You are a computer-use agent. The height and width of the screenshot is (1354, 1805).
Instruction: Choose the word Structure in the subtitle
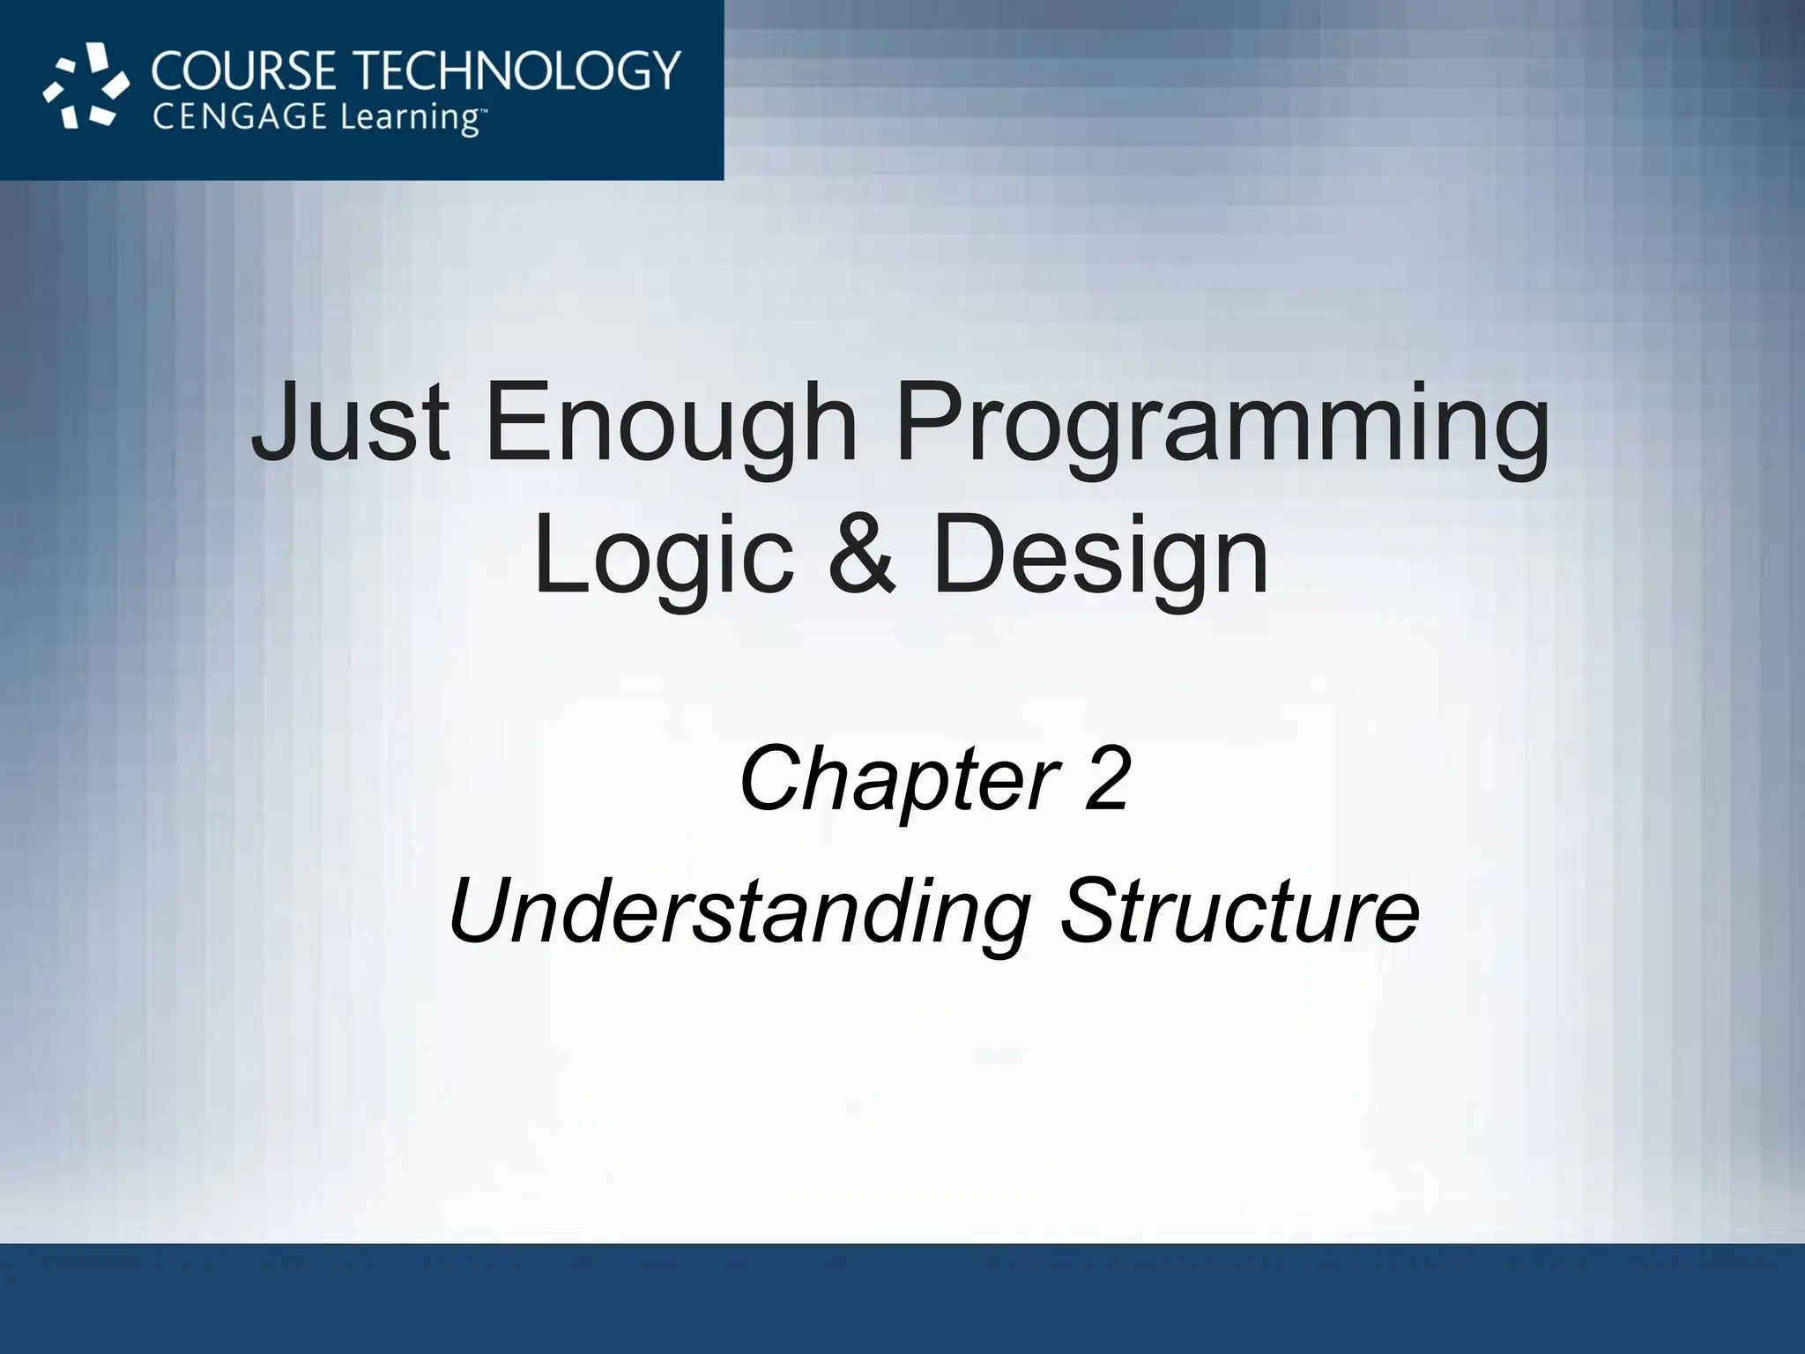(x=1239, y=910)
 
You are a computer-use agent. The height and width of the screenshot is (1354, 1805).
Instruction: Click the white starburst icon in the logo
(x=85, y=91)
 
